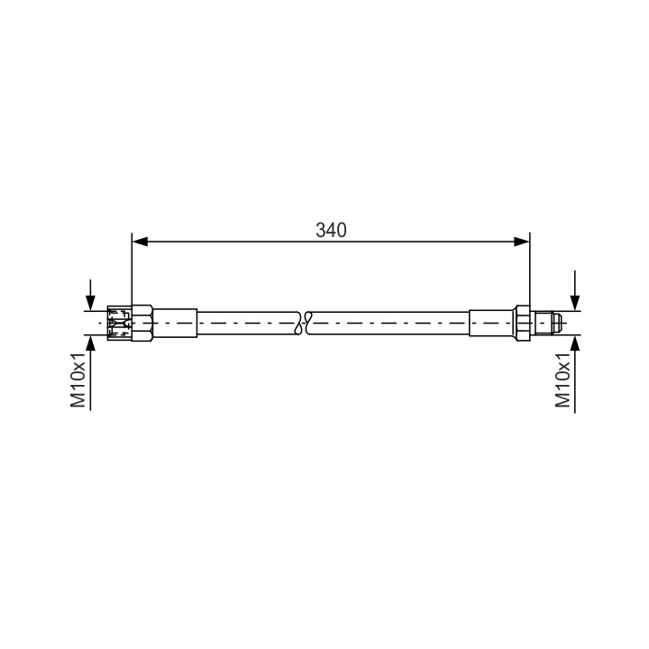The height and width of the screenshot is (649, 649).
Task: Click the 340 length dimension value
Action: [331, 230]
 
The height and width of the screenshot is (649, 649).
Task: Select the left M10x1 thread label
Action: [78, 379]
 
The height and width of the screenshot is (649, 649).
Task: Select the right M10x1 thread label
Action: [562, 379]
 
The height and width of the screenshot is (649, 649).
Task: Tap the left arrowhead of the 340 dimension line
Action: [140, 242]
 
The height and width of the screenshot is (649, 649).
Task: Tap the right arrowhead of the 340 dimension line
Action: [522, 242]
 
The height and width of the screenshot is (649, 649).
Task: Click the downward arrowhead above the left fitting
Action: [90, 303]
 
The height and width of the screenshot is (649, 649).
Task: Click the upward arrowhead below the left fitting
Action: [90, 343]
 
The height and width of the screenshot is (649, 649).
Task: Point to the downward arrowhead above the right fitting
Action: [574, 303]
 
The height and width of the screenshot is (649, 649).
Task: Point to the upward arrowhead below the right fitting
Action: [574, 343]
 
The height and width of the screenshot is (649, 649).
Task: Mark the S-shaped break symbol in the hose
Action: [304, 323]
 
